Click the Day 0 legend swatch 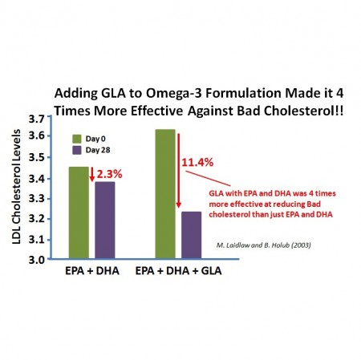click(x=78, y=137)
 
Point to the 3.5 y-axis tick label click(x=37, y=159)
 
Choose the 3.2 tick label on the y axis click(x=37, y=220)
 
